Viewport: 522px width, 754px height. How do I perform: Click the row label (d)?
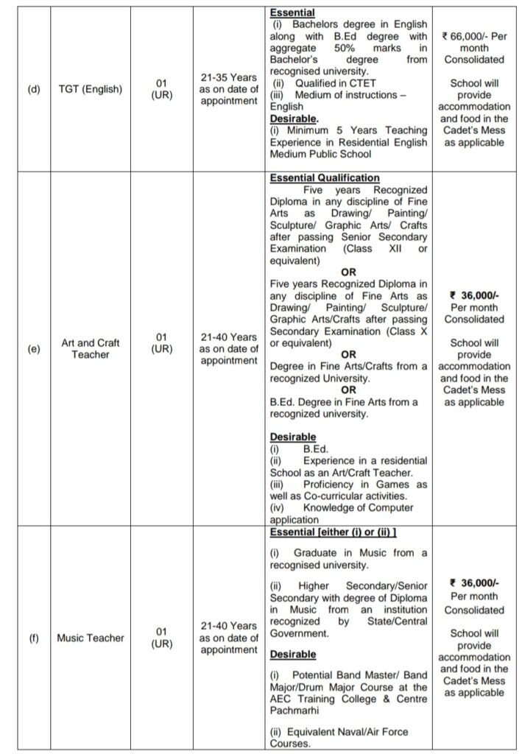coord(34,90)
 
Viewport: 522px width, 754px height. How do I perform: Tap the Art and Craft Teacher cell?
coord(90,348)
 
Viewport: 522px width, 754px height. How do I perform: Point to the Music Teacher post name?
coord(90,638)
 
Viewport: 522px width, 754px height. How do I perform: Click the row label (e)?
coord(34,348)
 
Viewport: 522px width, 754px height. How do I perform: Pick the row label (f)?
coord(34,638)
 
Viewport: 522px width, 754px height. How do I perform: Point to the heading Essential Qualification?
coord(325,178)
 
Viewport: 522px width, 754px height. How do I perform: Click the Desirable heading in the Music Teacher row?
coord(293,654)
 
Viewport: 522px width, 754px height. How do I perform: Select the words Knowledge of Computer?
coord(358,507)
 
